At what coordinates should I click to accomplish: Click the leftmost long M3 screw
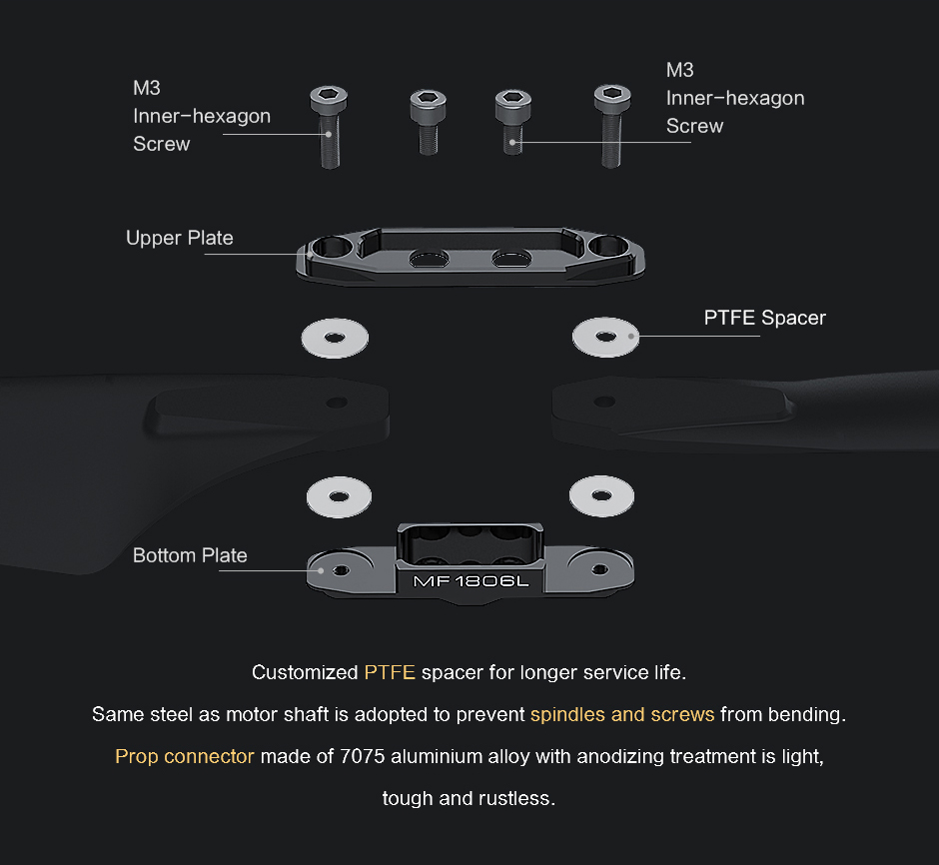coord(329,127)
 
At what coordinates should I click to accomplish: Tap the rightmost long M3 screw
coord(611,126)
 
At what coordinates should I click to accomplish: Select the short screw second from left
coord(428,122)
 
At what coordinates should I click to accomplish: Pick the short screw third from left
coord(513,122)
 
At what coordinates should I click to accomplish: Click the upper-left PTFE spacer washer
coord(335,339)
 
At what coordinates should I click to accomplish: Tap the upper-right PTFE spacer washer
coord(605,337)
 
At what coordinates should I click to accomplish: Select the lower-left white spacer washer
coord(339,496)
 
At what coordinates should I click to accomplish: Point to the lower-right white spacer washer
coord(601,496)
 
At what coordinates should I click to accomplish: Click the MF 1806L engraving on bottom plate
coord(471,581)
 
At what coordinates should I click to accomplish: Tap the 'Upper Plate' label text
coord(180,238)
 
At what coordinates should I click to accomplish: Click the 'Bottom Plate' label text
coord(190,555)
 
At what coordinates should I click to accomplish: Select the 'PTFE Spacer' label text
coord(765,318)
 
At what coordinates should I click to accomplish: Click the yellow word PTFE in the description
coord(390,672)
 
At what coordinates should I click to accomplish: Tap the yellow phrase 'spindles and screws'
coord(622,714)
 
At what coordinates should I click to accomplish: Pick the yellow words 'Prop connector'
coord(185,756)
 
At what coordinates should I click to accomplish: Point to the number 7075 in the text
coord(362,756)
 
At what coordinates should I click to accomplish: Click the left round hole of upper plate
coord(333,246)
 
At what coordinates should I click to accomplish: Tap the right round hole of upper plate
coord(608,246)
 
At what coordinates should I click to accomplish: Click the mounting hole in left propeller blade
coord(337,403)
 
